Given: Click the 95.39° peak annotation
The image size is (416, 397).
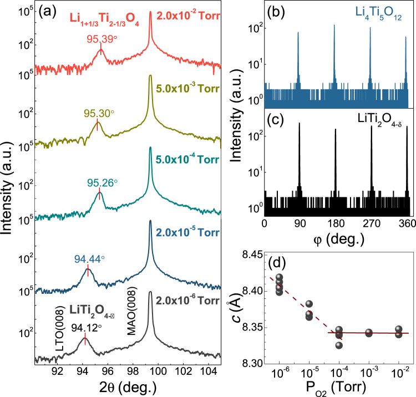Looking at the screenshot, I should point(100,39).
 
